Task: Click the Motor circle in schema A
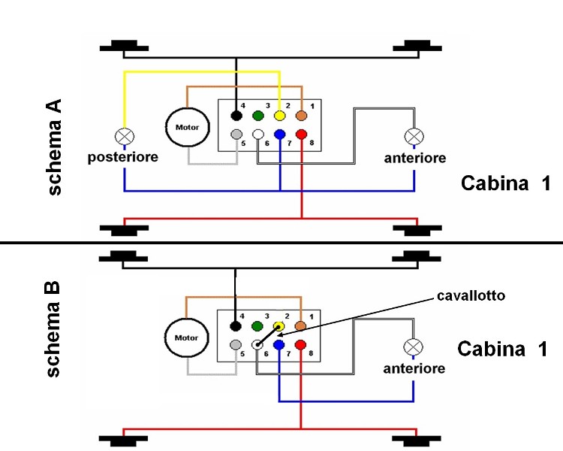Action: coord(186,127)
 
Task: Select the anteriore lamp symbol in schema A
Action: coord(414,137)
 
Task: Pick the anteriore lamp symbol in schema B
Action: coord(414,347)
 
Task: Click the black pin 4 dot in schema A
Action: coord(236,117)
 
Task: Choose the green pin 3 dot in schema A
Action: coord(258,117)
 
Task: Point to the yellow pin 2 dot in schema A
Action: coord(280,117)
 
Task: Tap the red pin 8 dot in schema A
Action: coord(302,135)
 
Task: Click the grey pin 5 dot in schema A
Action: coord(236,135)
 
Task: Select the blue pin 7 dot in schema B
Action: coord(280,345)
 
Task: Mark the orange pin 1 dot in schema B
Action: coord(302,327)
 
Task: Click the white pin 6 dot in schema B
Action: coord(258,345)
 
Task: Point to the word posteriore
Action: coord(123,158)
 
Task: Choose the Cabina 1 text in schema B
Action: coord(503,350)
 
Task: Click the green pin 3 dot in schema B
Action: coord(258,327)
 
